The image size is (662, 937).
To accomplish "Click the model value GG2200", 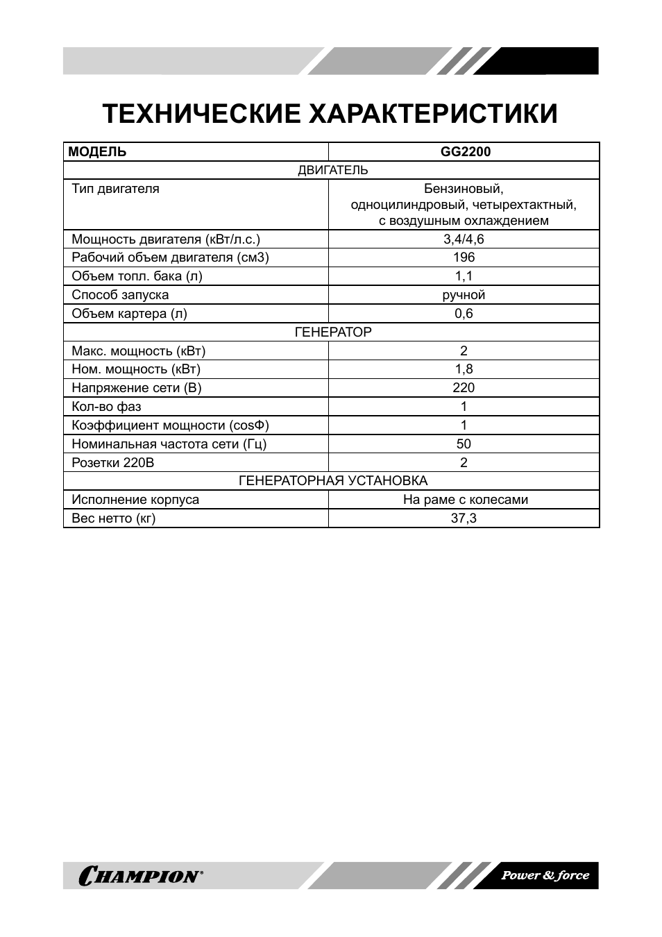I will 464,152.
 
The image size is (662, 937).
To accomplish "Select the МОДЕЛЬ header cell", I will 98,152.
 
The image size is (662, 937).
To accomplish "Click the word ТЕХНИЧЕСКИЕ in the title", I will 202,113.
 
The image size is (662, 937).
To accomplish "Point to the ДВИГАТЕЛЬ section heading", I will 332,170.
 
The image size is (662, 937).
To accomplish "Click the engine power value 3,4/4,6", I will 464,239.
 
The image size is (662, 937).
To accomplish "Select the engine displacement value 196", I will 464,258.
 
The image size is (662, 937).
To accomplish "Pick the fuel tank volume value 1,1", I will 464,276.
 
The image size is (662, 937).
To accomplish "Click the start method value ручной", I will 464,295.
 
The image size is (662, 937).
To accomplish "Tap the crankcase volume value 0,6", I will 464,314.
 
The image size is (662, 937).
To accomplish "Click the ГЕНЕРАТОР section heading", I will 333,332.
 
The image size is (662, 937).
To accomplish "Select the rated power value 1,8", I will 464,369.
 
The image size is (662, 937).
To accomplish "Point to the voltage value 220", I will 464,388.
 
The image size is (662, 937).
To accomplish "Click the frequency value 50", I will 464,444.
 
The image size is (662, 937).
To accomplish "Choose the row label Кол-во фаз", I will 106,407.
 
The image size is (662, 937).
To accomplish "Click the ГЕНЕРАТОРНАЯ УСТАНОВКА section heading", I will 333,481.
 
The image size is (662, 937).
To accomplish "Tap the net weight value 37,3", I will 464,518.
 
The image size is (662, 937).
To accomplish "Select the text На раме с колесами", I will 465,500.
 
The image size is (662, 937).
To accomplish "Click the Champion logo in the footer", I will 142,876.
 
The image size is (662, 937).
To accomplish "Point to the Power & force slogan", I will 545,875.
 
